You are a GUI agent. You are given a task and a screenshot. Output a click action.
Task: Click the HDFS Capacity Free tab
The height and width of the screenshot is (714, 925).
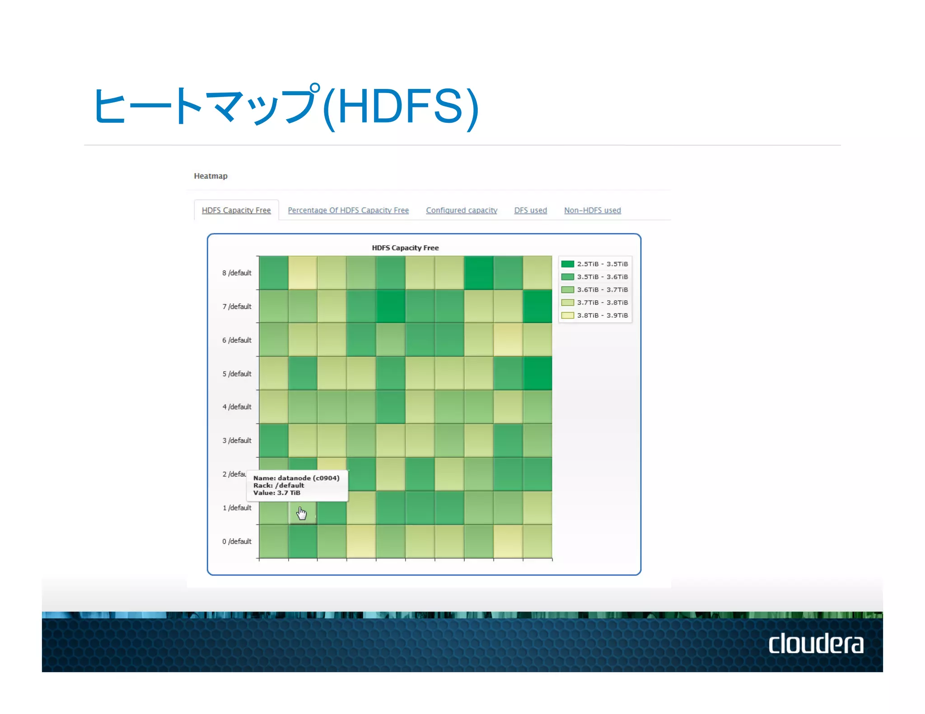pos(236,210)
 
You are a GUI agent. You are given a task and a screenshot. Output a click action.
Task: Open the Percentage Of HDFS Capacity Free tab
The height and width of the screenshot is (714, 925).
pos(348,210)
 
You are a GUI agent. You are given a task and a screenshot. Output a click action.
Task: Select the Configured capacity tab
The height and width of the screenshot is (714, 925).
pos(461,210)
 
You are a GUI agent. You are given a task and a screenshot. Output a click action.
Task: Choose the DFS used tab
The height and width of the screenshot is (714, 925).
pos(530,210)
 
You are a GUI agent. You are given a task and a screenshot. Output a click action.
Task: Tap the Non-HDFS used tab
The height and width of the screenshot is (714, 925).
pos(592,210)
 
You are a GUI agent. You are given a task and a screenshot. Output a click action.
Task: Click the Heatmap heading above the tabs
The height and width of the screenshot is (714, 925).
pos(210,176)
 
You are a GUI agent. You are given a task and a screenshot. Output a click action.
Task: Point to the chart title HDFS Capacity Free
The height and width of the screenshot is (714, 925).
pos(405,248)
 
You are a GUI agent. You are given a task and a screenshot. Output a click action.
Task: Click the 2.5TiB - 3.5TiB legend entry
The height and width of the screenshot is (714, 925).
pos(595,264)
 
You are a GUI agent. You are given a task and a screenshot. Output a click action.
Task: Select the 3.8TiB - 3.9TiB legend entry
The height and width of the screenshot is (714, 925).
pos(595,315)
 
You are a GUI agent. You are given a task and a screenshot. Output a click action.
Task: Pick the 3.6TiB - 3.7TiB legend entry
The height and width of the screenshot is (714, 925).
pos(595,290)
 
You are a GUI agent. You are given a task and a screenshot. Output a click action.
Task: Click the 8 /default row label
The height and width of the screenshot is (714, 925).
pos(237,273)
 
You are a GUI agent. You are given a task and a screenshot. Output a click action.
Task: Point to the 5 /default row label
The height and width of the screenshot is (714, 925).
pos(237,374)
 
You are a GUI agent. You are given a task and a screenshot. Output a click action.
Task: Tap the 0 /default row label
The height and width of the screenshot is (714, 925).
pos(237,542)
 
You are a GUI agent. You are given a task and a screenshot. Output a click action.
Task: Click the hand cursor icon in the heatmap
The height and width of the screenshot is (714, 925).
pos(301,513)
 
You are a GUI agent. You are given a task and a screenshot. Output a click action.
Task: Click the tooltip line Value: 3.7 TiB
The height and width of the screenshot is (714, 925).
pos(277,493)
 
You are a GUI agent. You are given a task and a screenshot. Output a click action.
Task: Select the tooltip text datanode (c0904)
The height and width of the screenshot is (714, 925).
pos(308,478)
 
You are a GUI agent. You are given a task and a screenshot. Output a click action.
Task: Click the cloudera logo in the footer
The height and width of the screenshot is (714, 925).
pos(816,644)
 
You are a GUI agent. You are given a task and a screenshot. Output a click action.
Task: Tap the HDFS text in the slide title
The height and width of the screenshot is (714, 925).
pos(400,107)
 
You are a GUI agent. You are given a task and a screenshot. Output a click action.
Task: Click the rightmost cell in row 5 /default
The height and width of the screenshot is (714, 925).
pos(537,373)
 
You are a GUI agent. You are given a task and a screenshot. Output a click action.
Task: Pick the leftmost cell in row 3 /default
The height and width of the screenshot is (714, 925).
pos(274,440)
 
